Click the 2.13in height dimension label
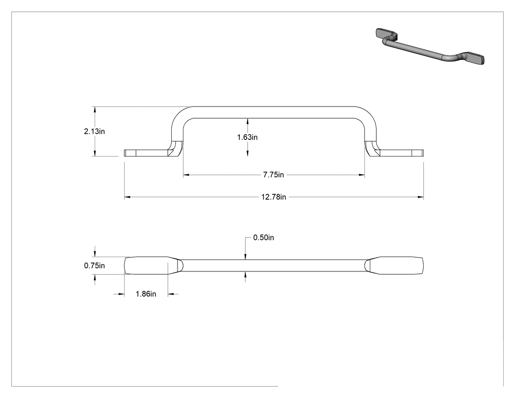[x=94, y=132]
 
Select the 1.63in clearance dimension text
[x=247, y=137]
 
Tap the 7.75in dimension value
[x=273, y=175]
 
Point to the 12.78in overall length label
[x=274, y=197]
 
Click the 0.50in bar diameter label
[x=263, y=238]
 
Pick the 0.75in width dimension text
[x=94, y=265]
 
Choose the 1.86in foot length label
[x=146, y=294]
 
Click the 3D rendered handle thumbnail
[x=430, y=46]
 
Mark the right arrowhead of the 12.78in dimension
[x=420, y=197]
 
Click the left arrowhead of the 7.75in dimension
[x=186, y=175]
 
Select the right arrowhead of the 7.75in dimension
[x=361, y=175]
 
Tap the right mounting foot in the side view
[x=394, y=153]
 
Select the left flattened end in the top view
[x=153, y=265]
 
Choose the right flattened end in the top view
[x=394, y=265]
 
